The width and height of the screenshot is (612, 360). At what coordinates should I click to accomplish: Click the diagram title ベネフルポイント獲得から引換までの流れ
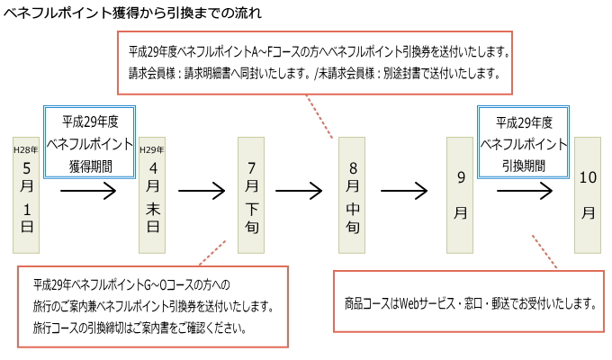(132, 13)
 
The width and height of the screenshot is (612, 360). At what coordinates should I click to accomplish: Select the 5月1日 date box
(26, 194)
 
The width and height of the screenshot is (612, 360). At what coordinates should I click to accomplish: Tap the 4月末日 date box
(152, 194)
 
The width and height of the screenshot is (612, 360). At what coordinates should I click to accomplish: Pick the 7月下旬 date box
(251, 194)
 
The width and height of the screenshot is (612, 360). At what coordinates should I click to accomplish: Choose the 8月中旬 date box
(352, 194)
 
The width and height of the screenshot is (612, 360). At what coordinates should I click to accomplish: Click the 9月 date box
(460, 194)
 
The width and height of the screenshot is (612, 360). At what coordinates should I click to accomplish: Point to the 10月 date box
(588, 194)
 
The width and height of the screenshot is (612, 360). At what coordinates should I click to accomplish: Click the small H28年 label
(26, 150)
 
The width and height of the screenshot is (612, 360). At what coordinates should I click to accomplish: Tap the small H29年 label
(152, 150)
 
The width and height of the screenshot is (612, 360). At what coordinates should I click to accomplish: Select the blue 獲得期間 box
(89, 142)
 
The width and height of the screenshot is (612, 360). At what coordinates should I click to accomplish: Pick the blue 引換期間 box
(523, 142)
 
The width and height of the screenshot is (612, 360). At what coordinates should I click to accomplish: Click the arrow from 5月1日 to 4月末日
(88, 191)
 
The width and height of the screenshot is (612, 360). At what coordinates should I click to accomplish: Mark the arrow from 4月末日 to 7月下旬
(202, 191)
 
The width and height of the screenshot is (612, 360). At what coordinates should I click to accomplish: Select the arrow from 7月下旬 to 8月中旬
(299, 191)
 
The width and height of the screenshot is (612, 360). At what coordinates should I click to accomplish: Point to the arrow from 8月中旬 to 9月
(404, 191)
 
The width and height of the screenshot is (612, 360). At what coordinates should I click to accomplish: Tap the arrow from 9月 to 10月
(525, 191)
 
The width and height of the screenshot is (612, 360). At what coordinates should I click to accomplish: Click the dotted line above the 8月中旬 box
(319, 116)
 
